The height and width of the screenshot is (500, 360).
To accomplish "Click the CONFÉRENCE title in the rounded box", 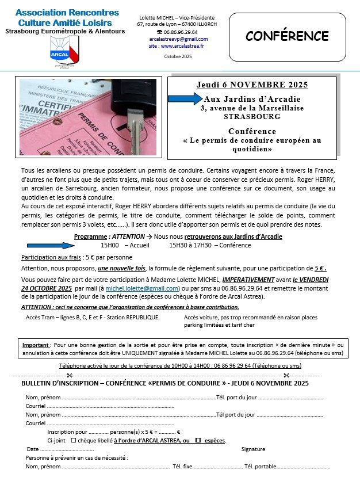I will pos(288,36).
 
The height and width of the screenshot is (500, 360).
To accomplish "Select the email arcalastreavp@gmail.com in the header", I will pos(170,39).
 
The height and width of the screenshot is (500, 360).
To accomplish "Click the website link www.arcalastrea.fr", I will pos(179,45).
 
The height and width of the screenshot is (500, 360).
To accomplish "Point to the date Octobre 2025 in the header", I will pos(178,56).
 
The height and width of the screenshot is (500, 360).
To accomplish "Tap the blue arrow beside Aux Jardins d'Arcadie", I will pos(185,98).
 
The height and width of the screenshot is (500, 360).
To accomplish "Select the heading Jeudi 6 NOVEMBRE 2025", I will pos(252,85).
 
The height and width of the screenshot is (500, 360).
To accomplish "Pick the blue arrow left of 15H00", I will pos(52,245).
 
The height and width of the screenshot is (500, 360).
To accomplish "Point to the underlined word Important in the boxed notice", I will pos(36,345).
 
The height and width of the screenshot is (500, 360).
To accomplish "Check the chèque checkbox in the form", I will pos(73,440).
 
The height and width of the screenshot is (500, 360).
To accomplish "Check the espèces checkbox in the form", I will pos(198,440).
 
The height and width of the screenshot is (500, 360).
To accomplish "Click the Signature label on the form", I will pos(254,449).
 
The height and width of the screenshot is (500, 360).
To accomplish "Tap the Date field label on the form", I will pos(33,449).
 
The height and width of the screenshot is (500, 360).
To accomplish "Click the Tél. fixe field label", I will pos(182,467).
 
